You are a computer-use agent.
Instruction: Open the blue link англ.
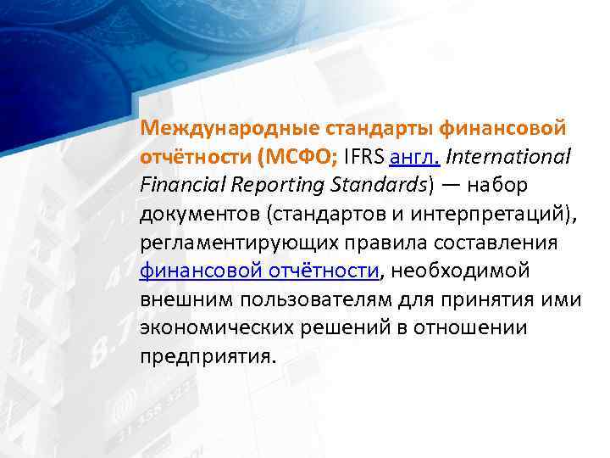[x=414, y=157]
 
